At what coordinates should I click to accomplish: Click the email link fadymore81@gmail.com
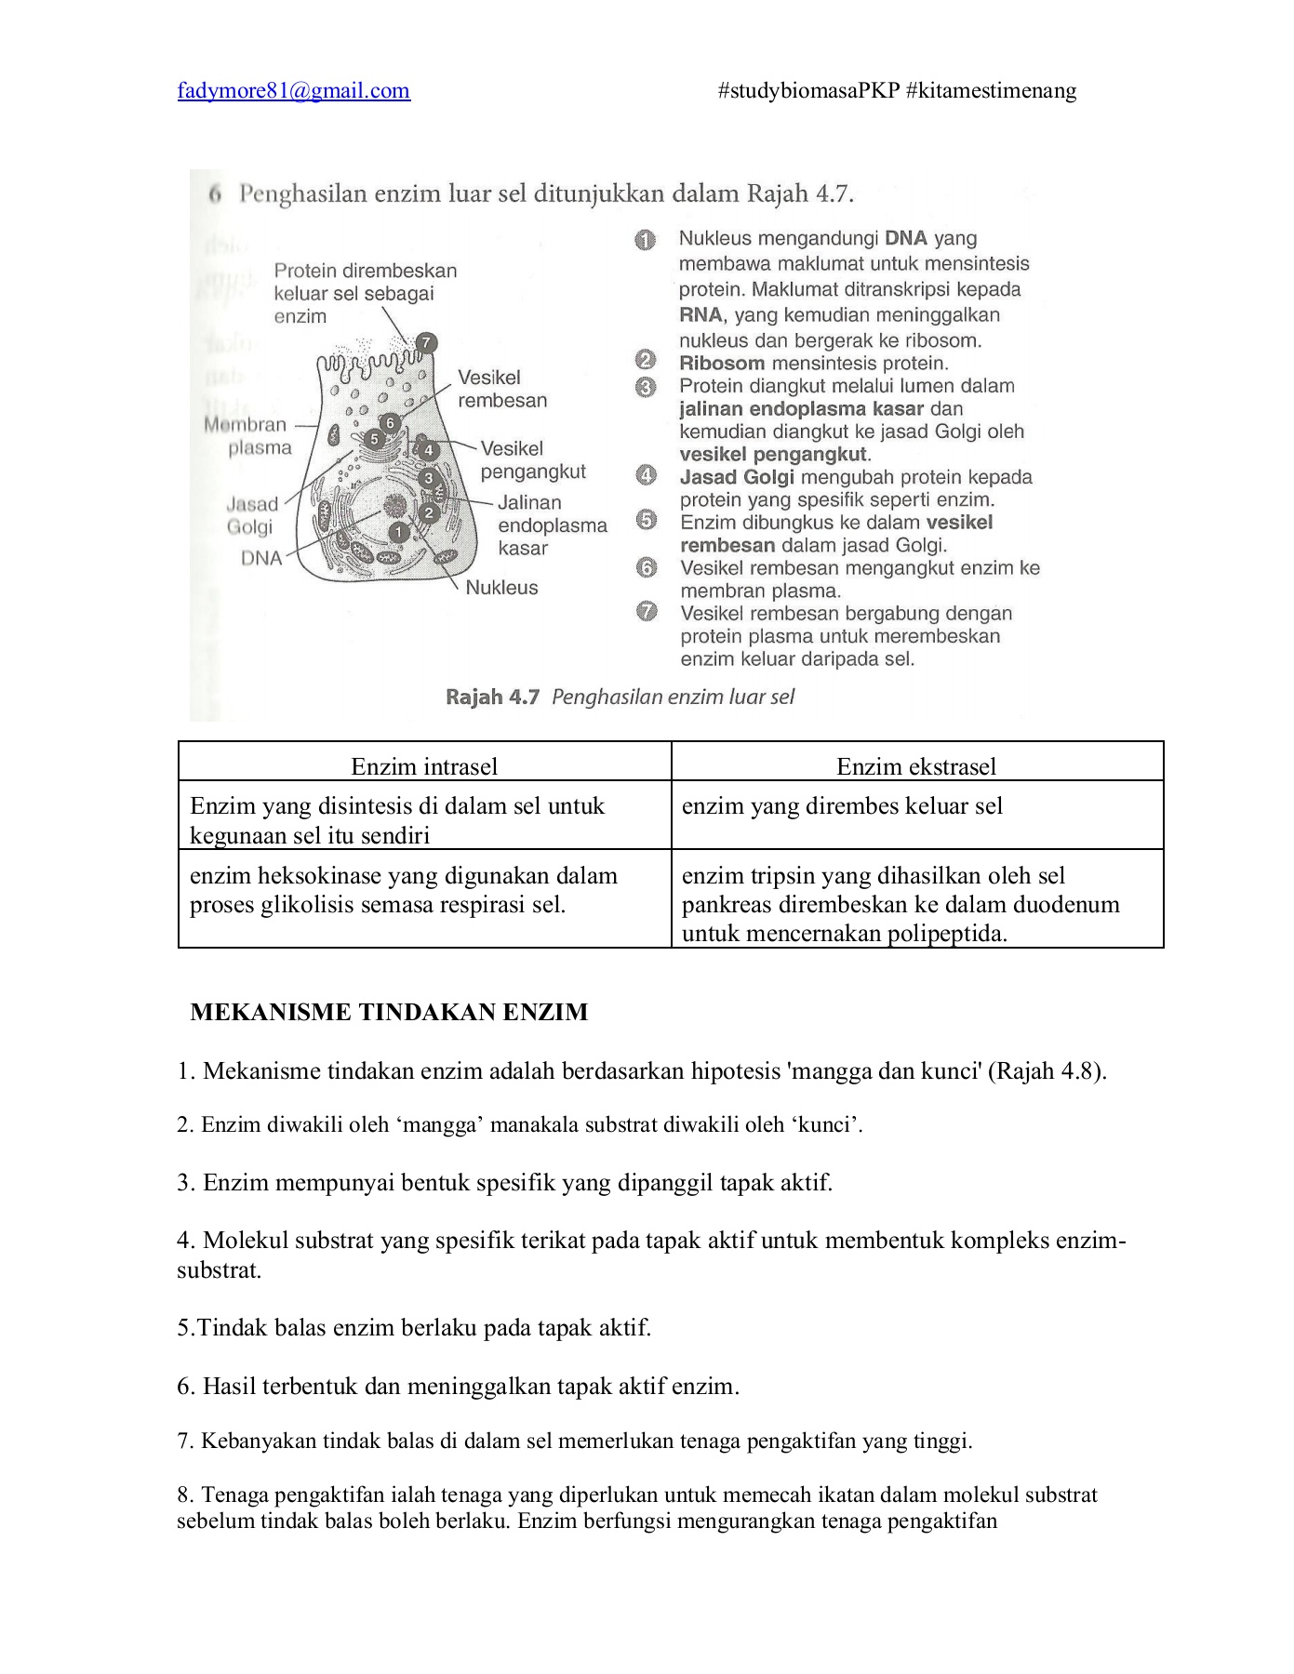click(x=293, y=91)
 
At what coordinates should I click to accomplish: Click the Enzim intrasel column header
click(x=424, y=766)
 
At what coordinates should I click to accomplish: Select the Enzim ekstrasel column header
click(x=916, y=766)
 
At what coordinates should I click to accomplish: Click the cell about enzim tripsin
click(x=900, y=904)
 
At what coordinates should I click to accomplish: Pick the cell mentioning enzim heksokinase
click(x=404, y=890)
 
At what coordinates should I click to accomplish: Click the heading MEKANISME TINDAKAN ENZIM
click(x=389, y=1012)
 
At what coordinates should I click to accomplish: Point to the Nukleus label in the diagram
click(x=501, y=588)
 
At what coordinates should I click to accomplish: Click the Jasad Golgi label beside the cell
click(x=251, y=515)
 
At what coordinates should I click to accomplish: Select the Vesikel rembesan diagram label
click(x=502, y=389)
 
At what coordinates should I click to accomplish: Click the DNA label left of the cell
click(x=261, y=558)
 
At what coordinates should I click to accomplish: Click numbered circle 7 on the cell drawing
click(x=425, y=342)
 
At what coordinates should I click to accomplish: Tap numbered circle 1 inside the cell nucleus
click(x=398, y=532)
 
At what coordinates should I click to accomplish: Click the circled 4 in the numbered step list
click(x=646, y=476)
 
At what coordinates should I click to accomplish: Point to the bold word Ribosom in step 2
click(x=722, y=364)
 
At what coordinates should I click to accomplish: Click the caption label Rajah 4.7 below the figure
click(x=492, y=697)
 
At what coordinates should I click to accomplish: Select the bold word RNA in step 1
click(x=700, y=315)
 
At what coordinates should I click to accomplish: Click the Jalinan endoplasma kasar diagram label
click(x=552, y=525)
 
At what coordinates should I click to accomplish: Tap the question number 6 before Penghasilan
click(x=215, y=194)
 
